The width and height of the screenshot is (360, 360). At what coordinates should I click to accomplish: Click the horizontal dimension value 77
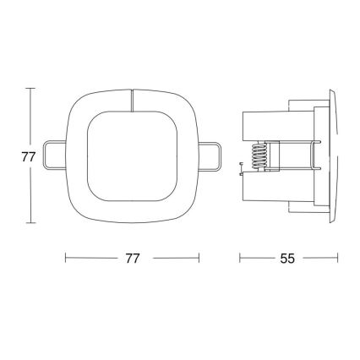click(132, 259)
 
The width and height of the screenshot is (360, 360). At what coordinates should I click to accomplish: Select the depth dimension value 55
click(287, 259)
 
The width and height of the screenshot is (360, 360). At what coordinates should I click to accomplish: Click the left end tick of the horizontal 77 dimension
click(66, 259)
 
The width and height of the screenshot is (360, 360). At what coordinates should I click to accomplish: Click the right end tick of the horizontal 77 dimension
click(199, 259)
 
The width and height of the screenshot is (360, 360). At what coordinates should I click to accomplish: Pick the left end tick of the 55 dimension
click(241, 259)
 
